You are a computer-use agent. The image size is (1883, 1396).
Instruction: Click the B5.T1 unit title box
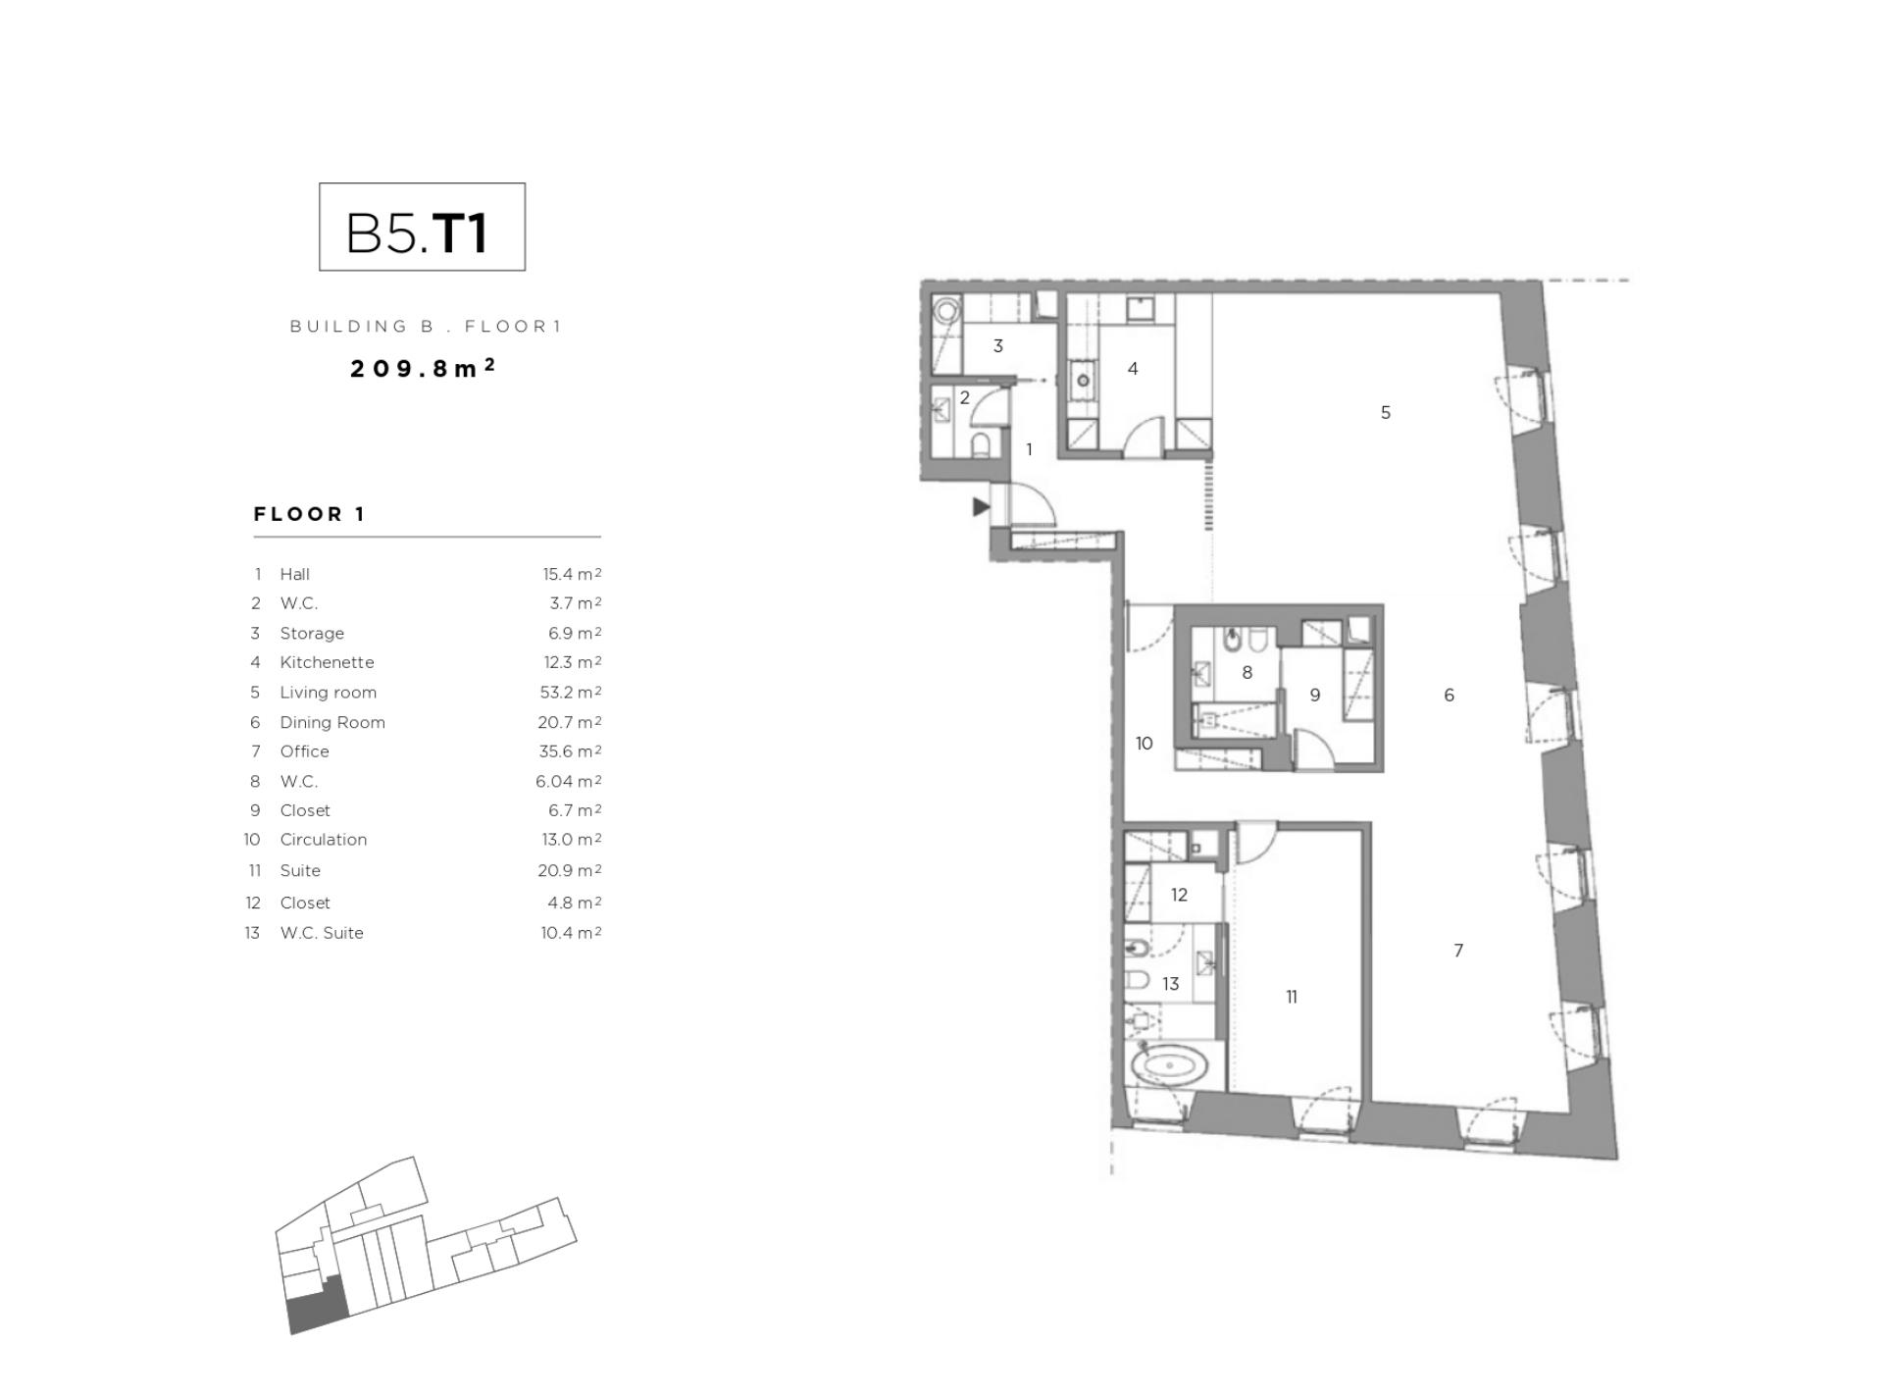tap(422, 227)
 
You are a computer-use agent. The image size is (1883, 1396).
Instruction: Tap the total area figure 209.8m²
tap(423, 368)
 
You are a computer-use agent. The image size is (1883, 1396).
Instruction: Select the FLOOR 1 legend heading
tap(310, 514)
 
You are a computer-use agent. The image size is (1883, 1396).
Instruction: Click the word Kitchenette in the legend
tap(327, 662)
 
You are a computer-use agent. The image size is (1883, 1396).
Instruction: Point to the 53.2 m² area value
tap(570, 693)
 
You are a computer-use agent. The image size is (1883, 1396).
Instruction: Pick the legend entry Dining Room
tap(332, 722)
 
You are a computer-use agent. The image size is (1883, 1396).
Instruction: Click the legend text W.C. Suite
tap(322, 933)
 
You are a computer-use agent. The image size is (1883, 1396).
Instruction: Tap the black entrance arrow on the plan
tap(980, 507)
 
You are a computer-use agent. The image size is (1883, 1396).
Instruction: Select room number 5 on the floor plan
tap(1385, 413)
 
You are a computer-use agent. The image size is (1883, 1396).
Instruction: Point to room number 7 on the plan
tap(1458, 951)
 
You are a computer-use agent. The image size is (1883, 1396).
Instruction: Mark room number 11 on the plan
tap(1292, 997)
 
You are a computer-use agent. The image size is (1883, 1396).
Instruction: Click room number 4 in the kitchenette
tap(1133, 369)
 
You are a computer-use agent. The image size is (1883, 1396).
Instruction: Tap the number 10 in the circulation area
tap(1144, 744)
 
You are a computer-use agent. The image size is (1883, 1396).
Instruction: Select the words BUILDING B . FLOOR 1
tap(426, 327)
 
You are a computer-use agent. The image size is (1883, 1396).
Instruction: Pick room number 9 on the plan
tap(1314, 696)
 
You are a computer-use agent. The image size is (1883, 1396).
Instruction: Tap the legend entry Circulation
tap(323, 840)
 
